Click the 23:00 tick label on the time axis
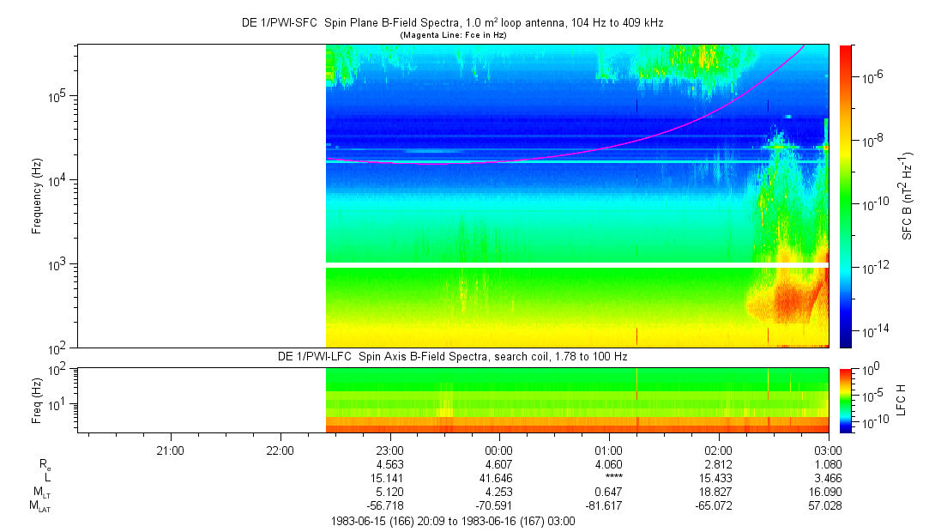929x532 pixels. (x=389, y=450)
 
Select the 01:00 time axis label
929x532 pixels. (x=609, y=450)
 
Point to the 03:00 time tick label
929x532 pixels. (x=828, y=450)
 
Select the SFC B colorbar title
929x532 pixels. (x=908, y=196)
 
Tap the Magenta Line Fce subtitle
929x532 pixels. (x=453, y=35)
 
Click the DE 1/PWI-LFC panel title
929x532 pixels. (x=452, y=355)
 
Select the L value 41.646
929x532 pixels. (x=499, y=477)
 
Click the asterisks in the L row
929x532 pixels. (x=609, y=477)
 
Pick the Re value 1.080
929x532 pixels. (x=828, y=463)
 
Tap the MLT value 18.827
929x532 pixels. (x=718, y=492)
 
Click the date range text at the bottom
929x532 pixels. (x=452, y=521)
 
